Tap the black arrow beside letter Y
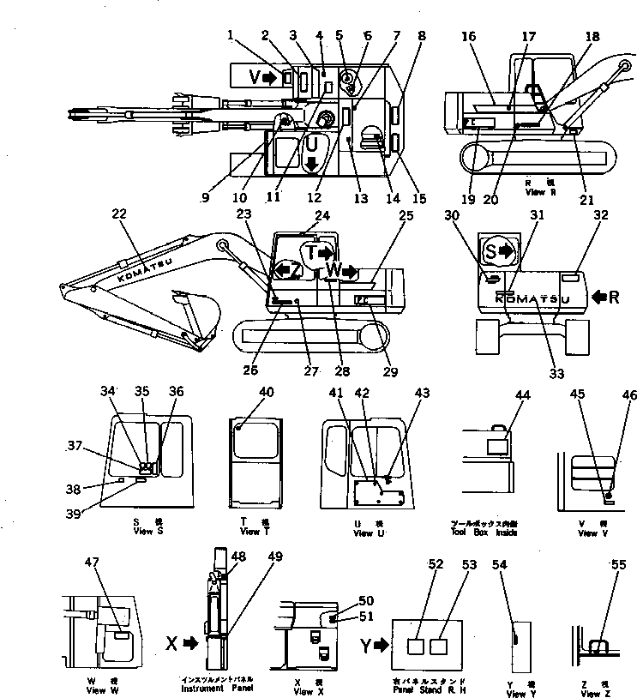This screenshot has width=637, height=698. coord(378,641)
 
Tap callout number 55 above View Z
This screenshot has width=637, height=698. coord(617,565)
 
